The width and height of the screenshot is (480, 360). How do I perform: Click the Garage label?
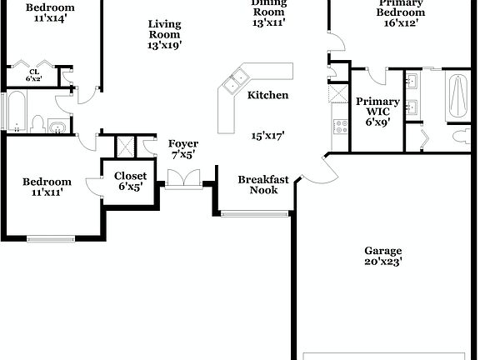pyautogui.click(x=382, y=256)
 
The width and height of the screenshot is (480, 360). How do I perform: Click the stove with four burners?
pyautogui.click(x=340, y=127)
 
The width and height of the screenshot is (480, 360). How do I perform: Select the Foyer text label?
pyautogui.click(x=182, y=149)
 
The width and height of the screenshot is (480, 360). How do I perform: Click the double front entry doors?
pyautogui.click(x=183, y=179)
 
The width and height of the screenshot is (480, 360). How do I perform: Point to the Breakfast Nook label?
pyautogui.click(x=263, y=184)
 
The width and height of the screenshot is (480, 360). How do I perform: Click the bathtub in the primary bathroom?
pyautogui.click(x=457, y=97)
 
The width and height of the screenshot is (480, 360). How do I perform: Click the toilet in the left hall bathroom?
pyautogui.click(x=36, y=124)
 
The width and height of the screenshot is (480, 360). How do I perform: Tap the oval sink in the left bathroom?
pyautogui.click(x=57, y=127)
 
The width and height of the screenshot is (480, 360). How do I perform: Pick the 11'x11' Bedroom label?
pyautogui.click(x=47, y=187)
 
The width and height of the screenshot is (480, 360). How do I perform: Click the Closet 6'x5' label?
pyautogui.click(x=130, y=181)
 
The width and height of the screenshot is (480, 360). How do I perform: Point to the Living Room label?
pyautogui.click(x=164, y=34)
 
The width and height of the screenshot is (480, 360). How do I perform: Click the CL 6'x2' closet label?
pyautogui.click(x=34, y=75)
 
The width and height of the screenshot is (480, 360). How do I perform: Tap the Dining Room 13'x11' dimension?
pyautogui.click(x=268, y=22)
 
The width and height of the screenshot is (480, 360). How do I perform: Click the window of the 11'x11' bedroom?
pyautogui.click(x=52, y=238)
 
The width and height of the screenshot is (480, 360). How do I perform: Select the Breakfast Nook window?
pyautogui.click(x=257, y=214)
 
